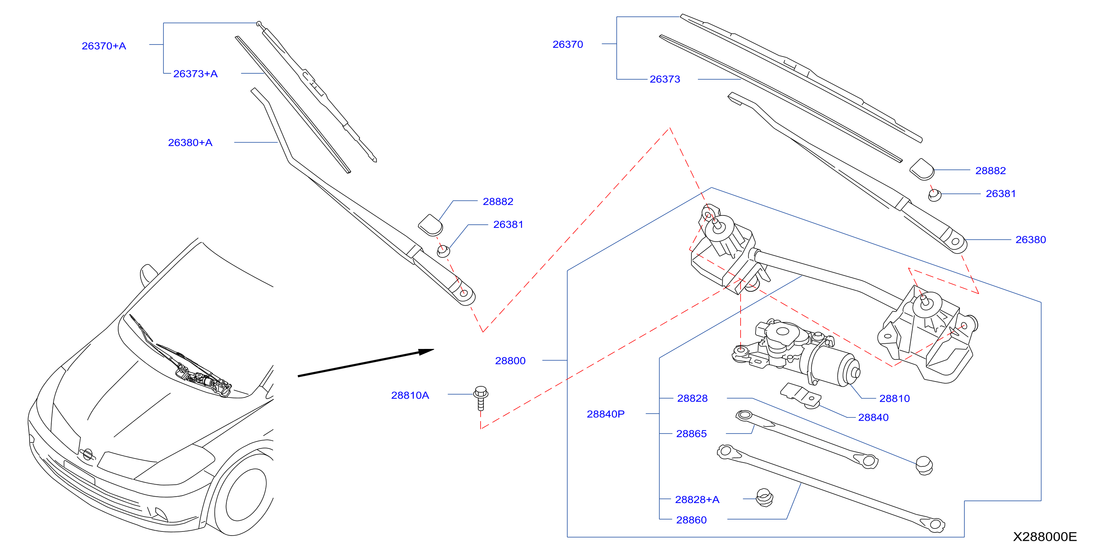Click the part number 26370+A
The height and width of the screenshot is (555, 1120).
(104, 46)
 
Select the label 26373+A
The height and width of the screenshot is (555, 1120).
(195, 73)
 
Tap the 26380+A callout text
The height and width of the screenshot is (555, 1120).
(190, 142)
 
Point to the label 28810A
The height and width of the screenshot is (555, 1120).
(410, 395)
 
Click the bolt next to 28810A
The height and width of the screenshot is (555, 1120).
(480, 398)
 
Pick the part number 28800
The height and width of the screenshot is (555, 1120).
(510, 361)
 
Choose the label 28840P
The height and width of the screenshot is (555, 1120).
(605, 414)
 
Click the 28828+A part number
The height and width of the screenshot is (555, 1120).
(697, 499)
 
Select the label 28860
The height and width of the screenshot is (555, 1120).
(691, 520)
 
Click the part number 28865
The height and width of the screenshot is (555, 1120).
(691, 433)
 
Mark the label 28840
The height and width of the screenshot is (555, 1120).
(873, 417)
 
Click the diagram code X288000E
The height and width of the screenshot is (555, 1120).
(1045, 536)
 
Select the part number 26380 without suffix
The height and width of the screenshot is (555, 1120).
(1031, 239)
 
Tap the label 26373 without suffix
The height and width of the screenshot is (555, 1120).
(665, 79)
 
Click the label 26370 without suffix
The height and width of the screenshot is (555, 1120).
(567, 45)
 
